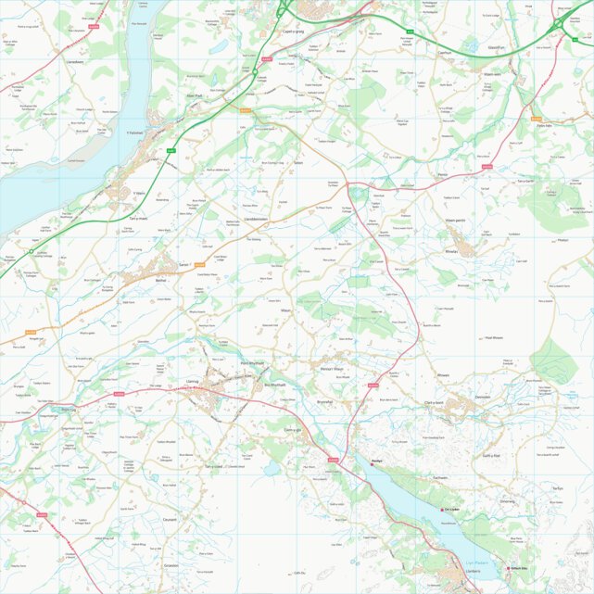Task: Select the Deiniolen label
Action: [483, 397]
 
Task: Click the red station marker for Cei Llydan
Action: [443, 509]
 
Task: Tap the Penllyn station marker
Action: [372, 464]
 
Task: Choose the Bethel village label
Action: [161, 278]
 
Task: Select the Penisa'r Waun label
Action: [333, 369]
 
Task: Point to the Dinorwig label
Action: [507, 500]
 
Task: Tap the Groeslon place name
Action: [171, 564]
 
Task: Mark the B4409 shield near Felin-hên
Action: [536, 118]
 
